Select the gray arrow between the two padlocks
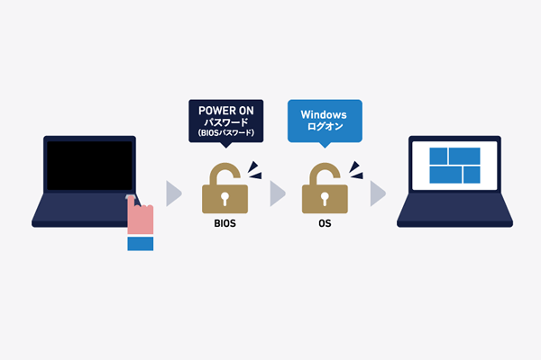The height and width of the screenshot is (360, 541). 278,192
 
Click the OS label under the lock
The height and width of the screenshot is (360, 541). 324,221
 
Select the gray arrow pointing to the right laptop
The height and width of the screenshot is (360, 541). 378,192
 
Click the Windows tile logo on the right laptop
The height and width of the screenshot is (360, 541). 454,164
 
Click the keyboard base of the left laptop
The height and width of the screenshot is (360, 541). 81,211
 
